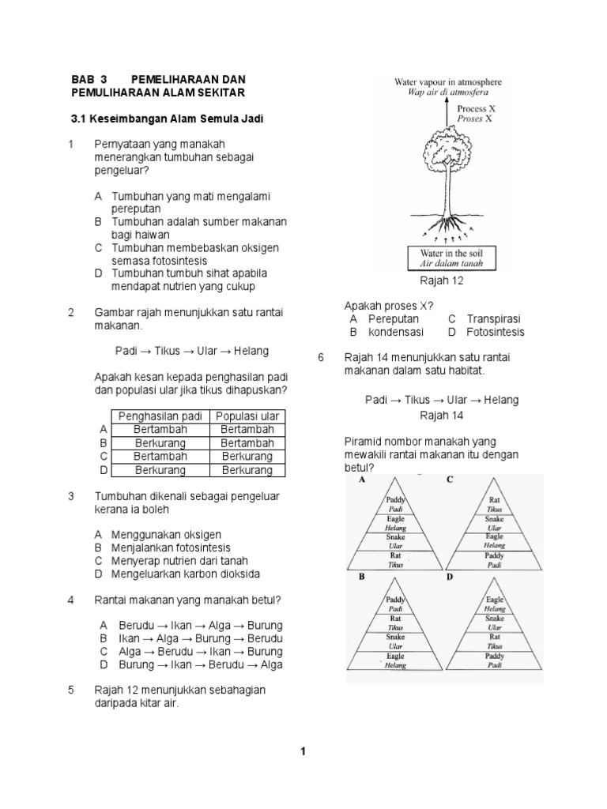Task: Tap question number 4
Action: tap(71, 600)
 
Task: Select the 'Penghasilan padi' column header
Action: tap(160, 416)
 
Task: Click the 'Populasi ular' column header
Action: tap(247, 416)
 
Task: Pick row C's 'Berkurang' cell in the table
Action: tap(247, 457)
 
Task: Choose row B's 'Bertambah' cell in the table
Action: tap(247, 443)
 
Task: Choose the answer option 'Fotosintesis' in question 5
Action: tap(495, 332)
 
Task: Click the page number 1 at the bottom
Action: tap(303, 751)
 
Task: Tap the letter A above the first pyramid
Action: tap(362, 480)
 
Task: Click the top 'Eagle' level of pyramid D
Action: tap(495, 604)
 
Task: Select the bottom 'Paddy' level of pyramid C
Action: tap(495, 560)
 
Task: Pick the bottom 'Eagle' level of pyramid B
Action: tap(395, 660)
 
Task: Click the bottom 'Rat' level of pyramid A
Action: tap(395, 560)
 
